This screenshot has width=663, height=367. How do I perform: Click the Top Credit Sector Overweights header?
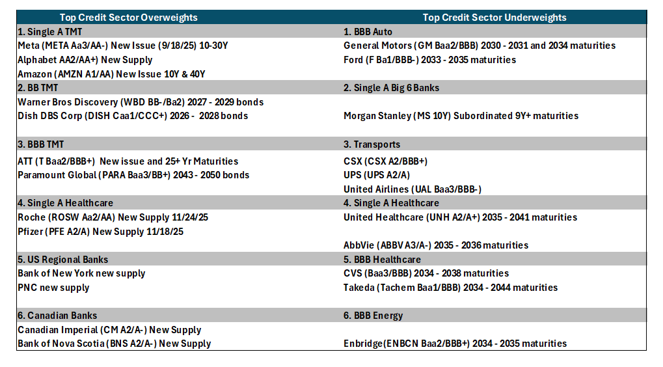coord(129,18)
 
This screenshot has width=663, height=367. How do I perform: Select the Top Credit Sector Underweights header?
coord(494,18)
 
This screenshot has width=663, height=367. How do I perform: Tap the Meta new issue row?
coord(123,46)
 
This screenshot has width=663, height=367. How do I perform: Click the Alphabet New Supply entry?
coord(85,60)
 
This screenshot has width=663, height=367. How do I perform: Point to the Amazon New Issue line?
coord(112,74)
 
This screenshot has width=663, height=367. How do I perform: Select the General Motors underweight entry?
coord(480,46)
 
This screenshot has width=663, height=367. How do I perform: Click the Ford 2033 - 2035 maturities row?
coord(429,60)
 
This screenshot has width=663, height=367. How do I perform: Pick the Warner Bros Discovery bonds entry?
coord(141,102)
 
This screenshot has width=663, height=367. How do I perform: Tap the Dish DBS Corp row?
coord(133,116)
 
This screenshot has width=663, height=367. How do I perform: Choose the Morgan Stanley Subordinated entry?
coord(461,116)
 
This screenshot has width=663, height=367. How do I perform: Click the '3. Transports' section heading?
coord(372,144)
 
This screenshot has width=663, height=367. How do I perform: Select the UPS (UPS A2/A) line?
coord(377,175)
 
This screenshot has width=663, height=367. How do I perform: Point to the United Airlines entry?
coord(413,189)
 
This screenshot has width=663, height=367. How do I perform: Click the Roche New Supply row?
coord(113,217)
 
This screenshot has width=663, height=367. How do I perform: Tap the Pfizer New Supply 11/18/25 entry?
coord(101,231)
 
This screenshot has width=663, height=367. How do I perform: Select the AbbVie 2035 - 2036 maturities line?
coord(436,245)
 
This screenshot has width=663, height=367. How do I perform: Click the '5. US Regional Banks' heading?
coord(63,259)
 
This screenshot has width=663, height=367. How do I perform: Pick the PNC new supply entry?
coord(54,288)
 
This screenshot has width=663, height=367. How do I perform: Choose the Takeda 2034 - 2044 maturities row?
coord(450,288)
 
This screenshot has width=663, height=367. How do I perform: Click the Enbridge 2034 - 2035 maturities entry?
coord(455,344)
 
